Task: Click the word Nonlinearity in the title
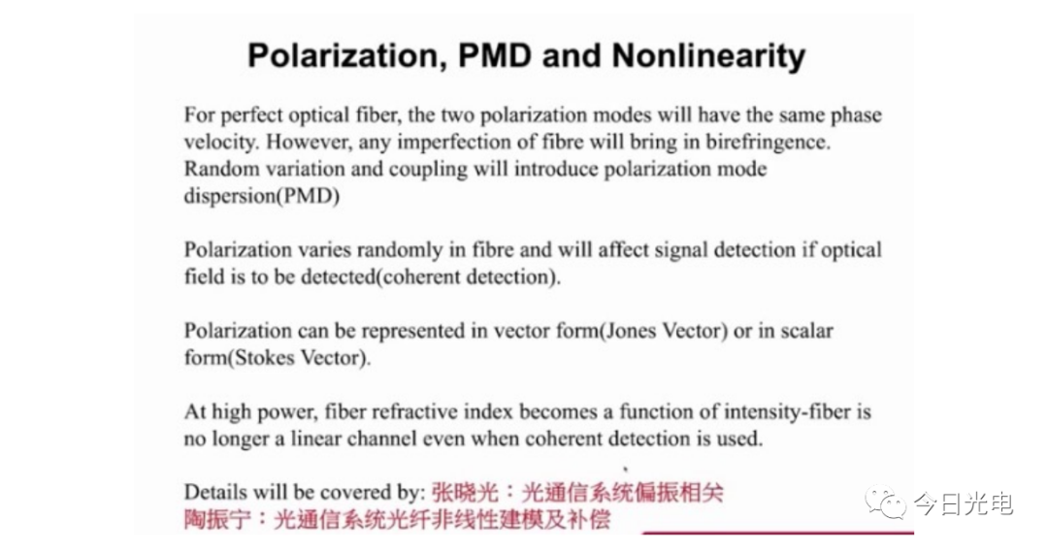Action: (708, 56)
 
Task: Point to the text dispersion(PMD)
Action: (262, 197)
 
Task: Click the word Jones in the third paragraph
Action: (634, 332)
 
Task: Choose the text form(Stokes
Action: (240, 358)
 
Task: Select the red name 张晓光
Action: (465, 493)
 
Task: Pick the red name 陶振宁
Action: (218, 519)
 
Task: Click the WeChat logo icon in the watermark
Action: (886, 502)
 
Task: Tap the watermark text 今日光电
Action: (964, 503)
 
